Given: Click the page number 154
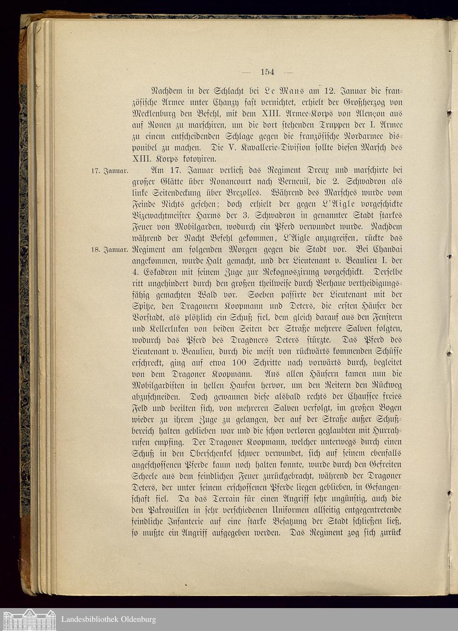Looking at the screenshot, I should click(x=267, y=72).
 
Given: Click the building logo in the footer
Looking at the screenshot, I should click(x=28, y=620).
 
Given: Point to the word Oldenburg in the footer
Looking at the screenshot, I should click(x=138, y=620).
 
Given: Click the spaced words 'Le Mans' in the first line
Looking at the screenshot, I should click(x=278, y=91).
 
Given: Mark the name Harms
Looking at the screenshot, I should click(x=200, y=216).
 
